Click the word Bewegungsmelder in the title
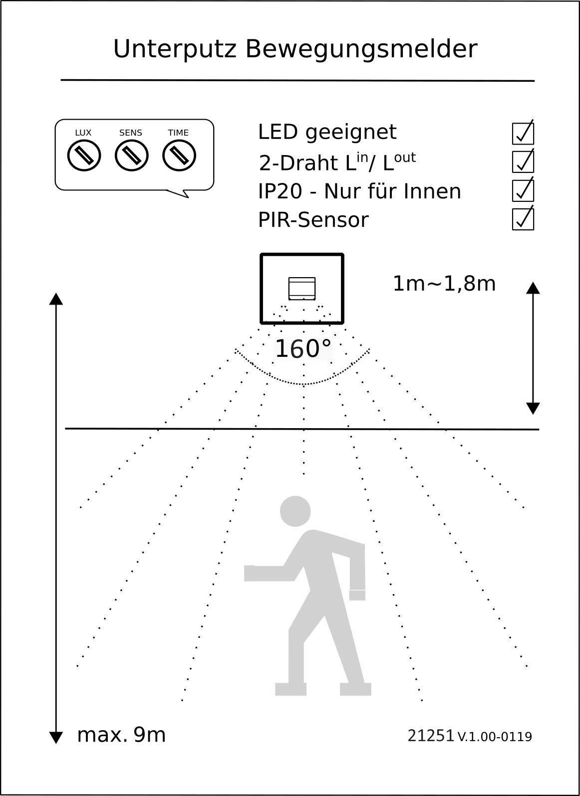(x=361, y=49)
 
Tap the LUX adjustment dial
(x=84, y=156)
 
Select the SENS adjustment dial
(x=131, y=156)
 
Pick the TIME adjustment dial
(x=179, y=156)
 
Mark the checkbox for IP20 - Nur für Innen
(x=523, y=190)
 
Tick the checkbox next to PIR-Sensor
(x=523, y=219)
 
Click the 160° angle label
(x=303, y=349)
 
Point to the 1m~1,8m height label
(x=444, y=284)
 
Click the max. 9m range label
(x=121, y=735)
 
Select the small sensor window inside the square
(x=302, y=288)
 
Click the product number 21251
(x=430, y=736)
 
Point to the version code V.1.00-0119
(x=494, y=737)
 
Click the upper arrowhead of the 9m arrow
(x=56, y=299)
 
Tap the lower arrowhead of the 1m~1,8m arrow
(x=533, y=408)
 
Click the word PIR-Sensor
(x=313, y=220)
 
